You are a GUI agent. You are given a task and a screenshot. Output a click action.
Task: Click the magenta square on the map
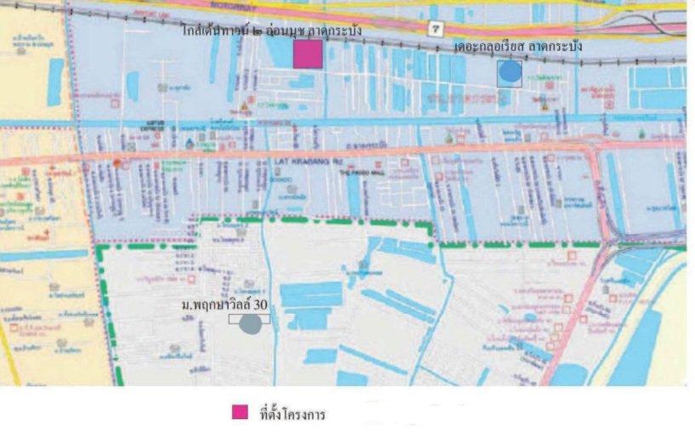tap(307, 54)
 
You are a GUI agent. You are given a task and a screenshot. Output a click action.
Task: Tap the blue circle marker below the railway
tap(509, 73)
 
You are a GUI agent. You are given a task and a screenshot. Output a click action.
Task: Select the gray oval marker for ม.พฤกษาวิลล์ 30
tap(250, 324)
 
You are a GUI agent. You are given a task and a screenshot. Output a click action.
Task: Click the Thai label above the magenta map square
tap(271, 31)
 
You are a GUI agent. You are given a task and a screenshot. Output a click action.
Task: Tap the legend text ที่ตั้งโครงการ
tap(292, 415)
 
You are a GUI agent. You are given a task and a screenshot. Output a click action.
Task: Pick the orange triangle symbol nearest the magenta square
tap(245, 105)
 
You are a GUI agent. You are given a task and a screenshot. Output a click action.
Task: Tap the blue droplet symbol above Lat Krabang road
tap(189, 142)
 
